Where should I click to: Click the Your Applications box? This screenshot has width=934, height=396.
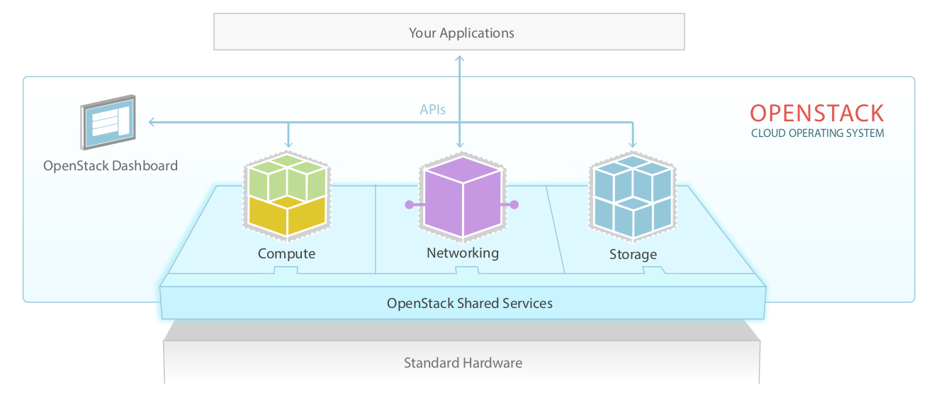[449, 33]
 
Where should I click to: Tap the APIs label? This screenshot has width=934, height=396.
[432, 110]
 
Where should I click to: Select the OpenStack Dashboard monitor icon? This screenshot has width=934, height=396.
[108, 122]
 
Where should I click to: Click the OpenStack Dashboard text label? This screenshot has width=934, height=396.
[111, 166]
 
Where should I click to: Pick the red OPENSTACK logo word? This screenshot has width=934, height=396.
[817, 114]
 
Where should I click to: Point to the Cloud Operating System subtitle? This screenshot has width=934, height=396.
[817, 133]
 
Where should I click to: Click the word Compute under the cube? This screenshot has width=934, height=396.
[286, 254]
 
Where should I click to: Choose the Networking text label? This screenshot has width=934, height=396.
[462, 253]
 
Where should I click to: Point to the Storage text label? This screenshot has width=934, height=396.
[633, 254]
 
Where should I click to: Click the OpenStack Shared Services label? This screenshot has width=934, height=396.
[469, 303]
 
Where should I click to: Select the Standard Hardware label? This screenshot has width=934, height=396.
[463, 363]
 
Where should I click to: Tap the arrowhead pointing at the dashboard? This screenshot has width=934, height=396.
[152, 122]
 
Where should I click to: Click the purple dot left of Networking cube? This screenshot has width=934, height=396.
[409, 204]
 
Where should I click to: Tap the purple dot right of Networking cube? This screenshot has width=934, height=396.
[514, 204]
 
